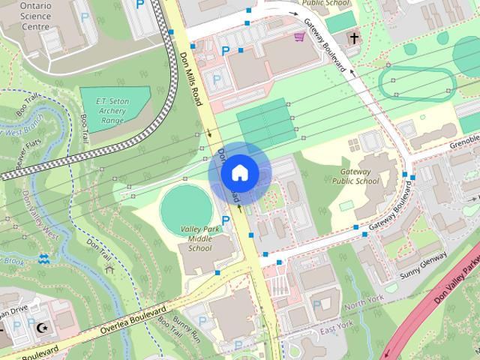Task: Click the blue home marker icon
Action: click(x=239, y=172)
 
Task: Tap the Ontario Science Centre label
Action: click(x=25, y=16)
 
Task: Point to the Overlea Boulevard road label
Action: click(x=131, y=321)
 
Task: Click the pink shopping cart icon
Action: click(x=299, y=36)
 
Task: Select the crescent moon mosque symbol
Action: click(x=42, y=328)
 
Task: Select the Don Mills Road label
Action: click(x=191, y=76)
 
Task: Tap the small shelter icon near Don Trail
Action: click(x=109, y=268)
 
